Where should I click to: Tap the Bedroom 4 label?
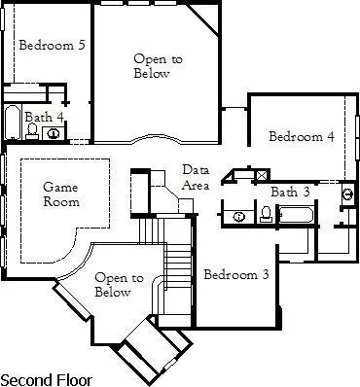click(x=302, y=137)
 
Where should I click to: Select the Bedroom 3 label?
click(x=236, y=275)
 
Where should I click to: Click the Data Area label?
click(x=196, y=178)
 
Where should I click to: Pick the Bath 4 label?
click(x=45, y=117)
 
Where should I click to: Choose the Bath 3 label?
click(x=290, y=192)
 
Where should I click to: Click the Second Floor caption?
click(x=44, y=377)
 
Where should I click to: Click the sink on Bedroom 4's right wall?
click(x=348, y=194)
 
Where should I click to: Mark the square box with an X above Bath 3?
click(x=261, y=176)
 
